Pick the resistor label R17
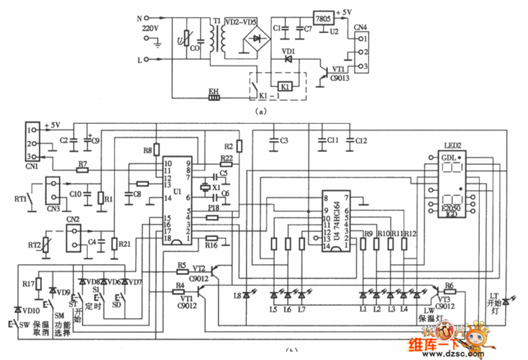(x=28, y=284)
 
